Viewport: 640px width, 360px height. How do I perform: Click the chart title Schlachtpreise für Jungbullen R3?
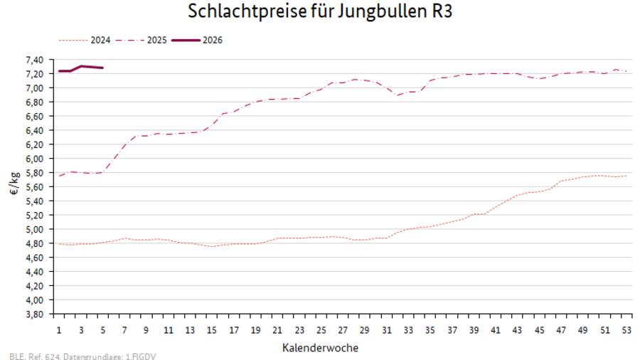point(320,12)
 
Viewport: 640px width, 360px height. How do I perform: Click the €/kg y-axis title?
point(13,187)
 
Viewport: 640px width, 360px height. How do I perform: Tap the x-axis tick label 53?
point(626,331)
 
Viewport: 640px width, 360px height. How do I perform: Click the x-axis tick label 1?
point(59,331)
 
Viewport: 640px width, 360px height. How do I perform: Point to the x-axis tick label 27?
point(343,331)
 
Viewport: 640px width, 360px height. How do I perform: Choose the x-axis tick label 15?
point(212,331)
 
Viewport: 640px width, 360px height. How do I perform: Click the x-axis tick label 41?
point(496,331)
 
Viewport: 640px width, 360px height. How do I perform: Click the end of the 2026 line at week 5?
point(103,68)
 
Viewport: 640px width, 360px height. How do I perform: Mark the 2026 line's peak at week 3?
point(81,66)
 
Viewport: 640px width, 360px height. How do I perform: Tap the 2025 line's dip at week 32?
point(398,95)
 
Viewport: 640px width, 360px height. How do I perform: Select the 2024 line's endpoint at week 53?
point(626,176)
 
